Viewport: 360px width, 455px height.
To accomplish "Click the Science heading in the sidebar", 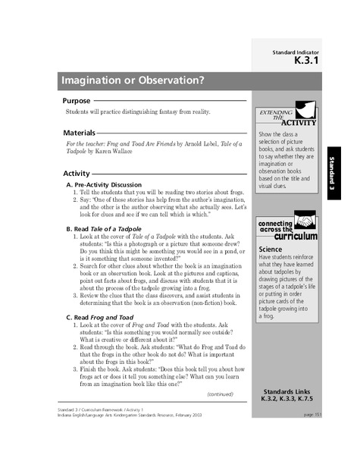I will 271,247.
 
